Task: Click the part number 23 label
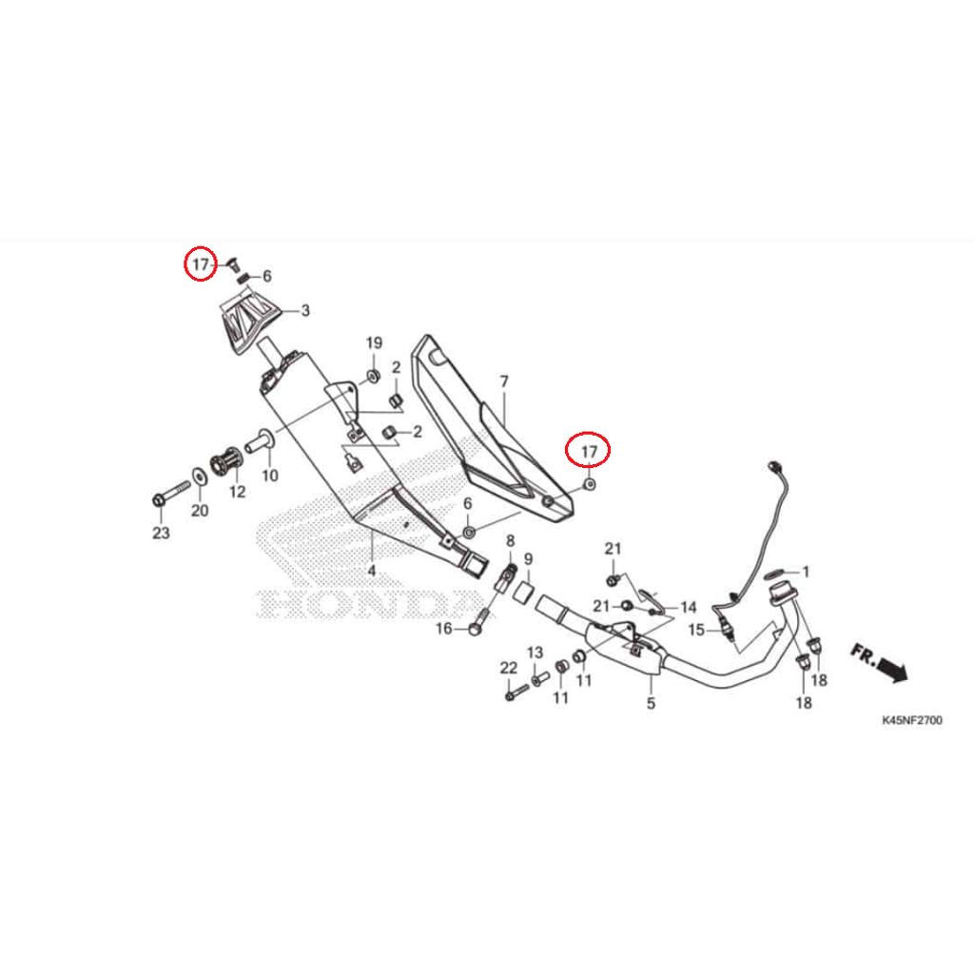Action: coord(161,533)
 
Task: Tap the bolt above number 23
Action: coord(171,491)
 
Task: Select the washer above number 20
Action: coord(200,477)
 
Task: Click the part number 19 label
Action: coord(374,342)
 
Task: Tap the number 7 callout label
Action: coord(504,381)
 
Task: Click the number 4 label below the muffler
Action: coord(372,570)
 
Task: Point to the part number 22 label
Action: coord(509,668)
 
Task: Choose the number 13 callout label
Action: coord(535,653)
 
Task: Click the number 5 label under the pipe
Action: coord(651,703)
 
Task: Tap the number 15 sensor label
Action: coord(696,630)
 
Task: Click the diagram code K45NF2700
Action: coord(912,721)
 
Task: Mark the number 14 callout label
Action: coord(689,607)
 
